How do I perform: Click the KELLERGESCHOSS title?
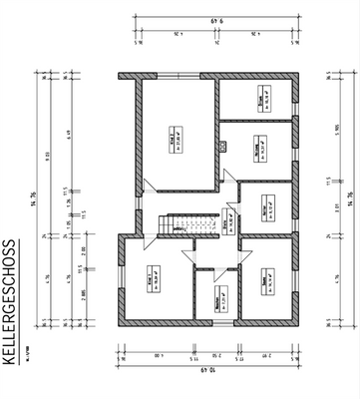[10, 304]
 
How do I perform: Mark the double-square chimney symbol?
[225, 146]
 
